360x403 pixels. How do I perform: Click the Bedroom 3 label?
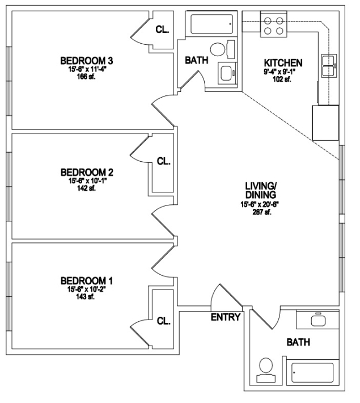click(87, 61)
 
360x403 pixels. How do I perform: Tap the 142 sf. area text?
click(86, 188)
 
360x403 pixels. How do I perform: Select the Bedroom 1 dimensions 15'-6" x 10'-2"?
click(87, 289)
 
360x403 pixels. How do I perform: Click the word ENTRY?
click(226, 317)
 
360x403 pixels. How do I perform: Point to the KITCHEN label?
click(283, 63)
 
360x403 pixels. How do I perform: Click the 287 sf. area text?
click(262, 212)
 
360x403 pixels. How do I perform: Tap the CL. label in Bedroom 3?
click(162, 30)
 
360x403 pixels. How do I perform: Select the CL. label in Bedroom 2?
click(164, 161)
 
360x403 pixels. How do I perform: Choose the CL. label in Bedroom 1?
click(164, 321)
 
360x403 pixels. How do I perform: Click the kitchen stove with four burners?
click(274, 24)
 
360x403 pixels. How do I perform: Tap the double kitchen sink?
click(329, 65)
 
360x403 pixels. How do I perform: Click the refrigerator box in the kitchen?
click(325, 123)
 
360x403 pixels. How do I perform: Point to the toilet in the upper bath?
click(222, 49)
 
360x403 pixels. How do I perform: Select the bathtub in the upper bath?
click(212, 24)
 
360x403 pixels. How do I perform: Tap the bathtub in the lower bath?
click(312, 373)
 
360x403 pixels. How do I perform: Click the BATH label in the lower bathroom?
click(298, 342)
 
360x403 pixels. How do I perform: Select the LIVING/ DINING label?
click(261, 190)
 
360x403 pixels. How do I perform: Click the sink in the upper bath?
click(227, 73)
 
